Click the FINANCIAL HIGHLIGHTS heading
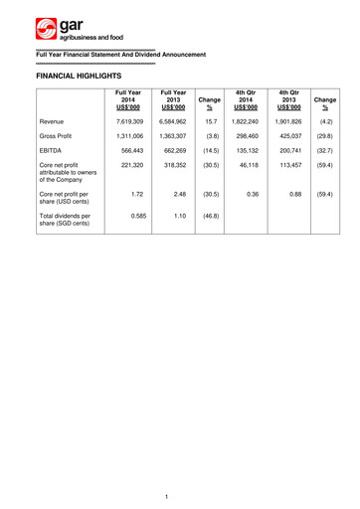[78, 75]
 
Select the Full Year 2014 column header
[128, 100]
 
